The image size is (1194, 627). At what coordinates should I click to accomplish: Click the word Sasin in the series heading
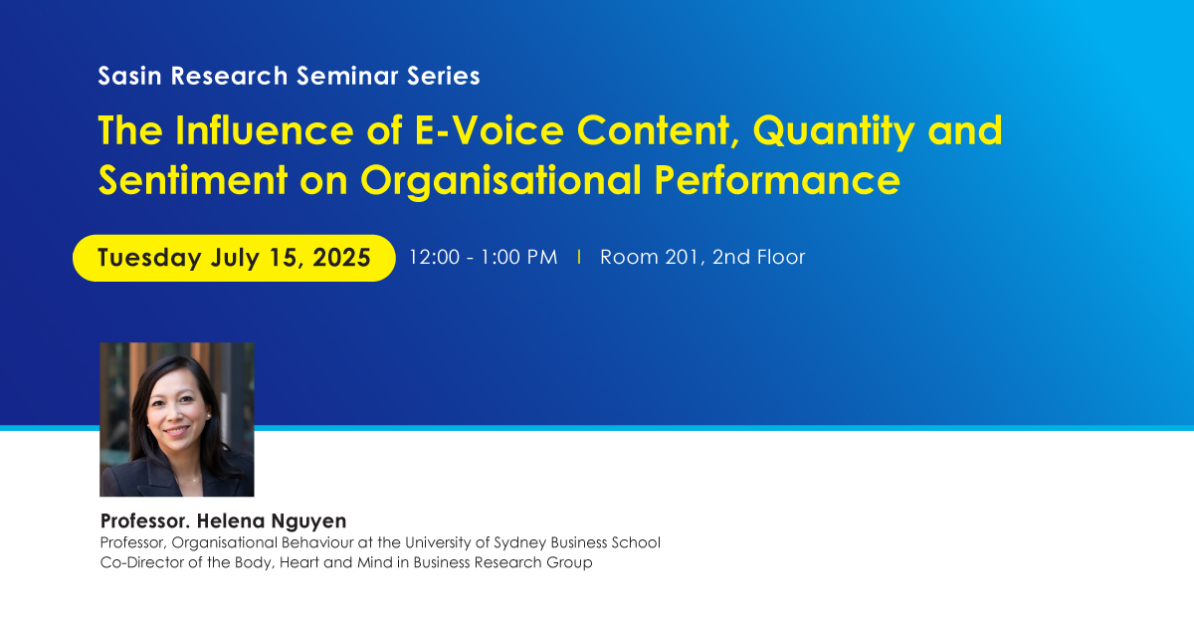coord(129,76)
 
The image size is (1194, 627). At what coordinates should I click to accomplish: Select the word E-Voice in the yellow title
coord(490,130)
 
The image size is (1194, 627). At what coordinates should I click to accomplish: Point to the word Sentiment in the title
coord(193,180)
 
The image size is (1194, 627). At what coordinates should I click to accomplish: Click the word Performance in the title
coord(777,180)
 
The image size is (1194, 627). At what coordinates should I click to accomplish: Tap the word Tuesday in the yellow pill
coord(149,258)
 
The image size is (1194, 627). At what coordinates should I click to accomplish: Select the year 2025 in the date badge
coord(341,258)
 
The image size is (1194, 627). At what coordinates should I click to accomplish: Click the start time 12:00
coord(434,258)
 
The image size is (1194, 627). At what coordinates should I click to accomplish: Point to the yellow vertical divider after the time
coord(579,258)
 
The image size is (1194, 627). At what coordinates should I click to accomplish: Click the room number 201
coord(682,258)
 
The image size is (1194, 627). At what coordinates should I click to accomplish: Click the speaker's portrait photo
coord(177,420)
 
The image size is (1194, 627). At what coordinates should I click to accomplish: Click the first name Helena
coord(230,521)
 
